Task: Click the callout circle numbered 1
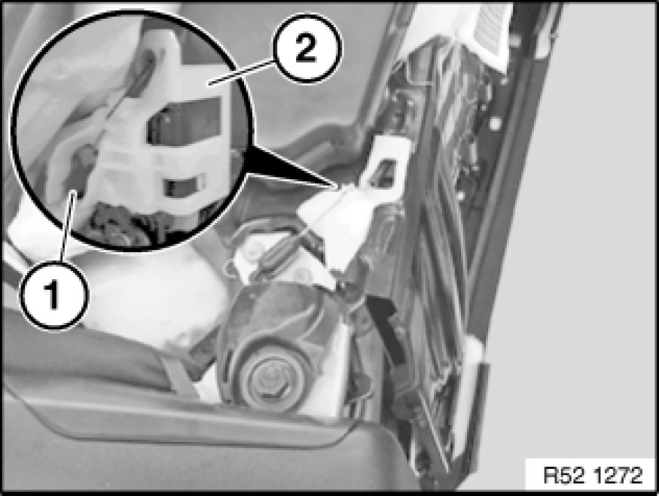click(x=53, y=294)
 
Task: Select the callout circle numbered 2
click(x=306, y=47)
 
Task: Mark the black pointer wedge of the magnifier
click(x=290, y=166)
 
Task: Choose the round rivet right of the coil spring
click(x=303, y=274)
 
